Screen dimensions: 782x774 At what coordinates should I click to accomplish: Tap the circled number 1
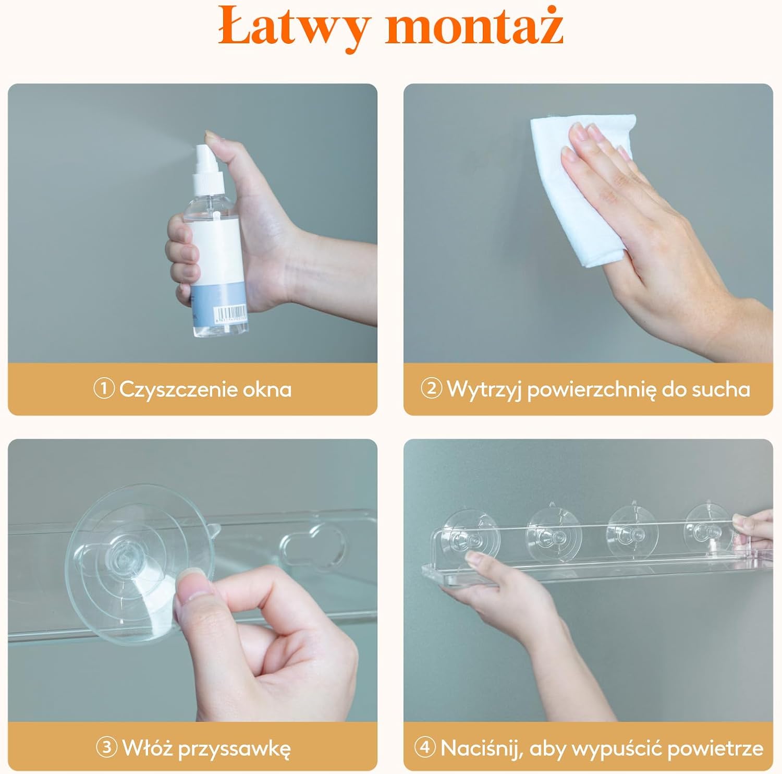pyautogui.click(x=104, y=389)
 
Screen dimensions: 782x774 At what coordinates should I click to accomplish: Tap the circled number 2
pyautogui.click(x=431, y=389)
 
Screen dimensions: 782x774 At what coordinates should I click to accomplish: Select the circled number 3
pyautogui.click(x=106, y=747)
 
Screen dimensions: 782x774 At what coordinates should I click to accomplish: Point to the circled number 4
pyautogui.click(x=425, y=747)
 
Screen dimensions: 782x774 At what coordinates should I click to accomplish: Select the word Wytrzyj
pyautogui.click(x=484, y=390)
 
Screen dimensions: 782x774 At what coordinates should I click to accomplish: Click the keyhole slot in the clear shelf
pyautogui.click(x=312, y=545)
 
